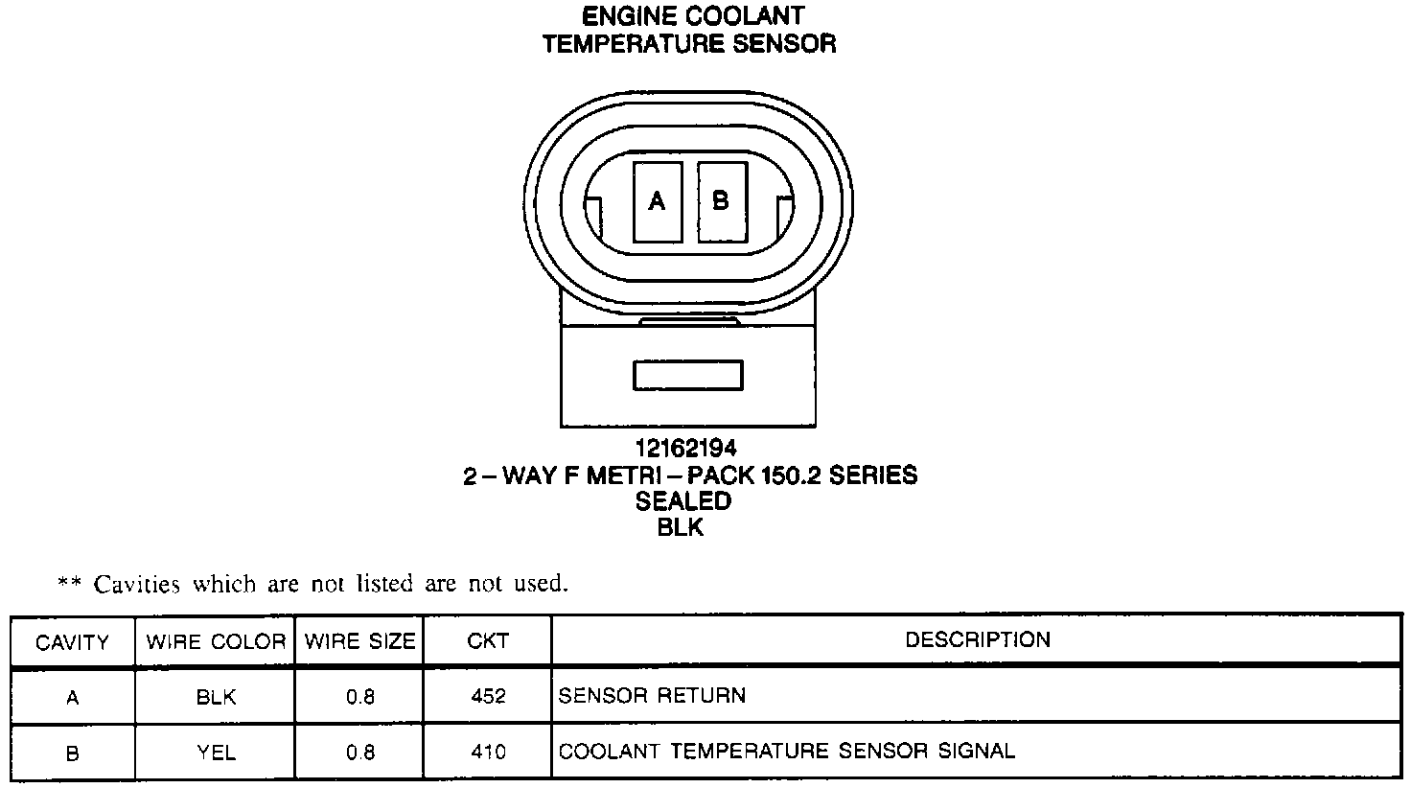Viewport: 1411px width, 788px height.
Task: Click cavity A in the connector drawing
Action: (658, 201)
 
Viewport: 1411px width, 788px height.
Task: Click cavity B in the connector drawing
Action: (721, 201)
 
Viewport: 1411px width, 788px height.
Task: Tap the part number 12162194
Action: (685, 448)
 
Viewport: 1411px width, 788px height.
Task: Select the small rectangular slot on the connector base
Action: (688, 375)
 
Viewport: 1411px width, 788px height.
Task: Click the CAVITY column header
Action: (72, 642)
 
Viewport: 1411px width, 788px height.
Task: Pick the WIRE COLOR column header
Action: (216, 642)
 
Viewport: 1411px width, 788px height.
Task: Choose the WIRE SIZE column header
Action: (360, 642)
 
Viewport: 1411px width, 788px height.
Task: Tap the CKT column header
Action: (488, 641)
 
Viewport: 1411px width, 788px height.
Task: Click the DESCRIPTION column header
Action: (978, 639)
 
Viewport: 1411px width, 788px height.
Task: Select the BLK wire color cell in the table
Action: (216, 698)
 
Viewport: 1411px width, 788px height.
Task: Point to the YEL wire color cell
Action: (216, 753)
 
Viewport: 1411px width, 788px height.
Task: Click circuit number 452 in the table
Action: (488, 697)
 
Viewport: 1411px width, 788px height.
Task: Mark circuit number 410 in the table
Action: (488, 753)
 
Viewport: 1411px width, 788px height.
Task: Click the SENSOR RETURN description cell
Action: (652, 695)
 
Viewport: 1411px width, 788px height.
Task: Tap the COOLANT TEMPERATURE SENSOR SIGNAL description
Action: (786, 751)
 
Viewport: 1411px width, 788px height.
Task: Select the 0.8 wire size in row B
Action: (360, 753)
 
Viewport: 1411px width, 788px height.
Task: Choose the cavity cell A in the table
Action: (72, 698)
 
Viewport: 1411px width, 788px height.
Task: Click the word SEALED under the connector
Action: (683, 500)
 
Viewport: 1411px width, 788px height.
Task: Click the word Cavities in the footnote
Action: (140, 584)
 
